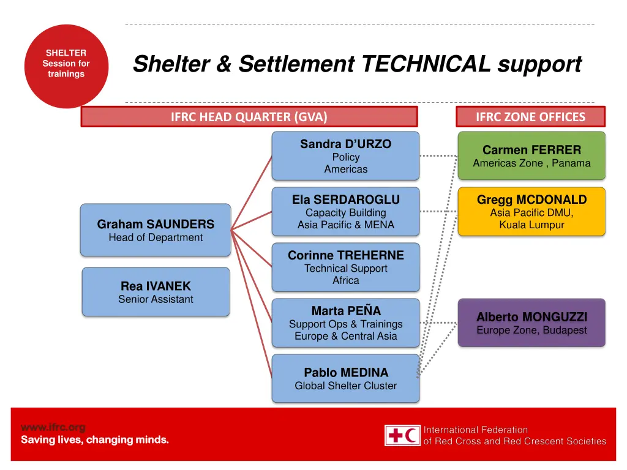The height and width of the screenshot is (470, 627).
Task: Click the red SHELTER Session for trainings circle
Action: pos(66,65)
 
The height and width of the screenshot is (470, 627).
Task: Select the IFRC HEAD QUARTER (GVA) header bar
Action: pos(249,116)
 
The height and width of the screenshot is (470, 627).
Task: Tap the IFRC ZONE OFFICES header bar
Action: pos(530,116)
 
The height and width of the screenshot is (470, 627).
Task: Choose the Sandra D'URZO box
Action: pos(345,155)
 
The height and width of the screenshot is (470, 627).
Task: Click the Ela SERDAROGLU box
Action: pos(345,211)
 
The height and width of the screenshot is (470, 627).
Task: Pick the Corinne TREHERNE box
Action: pos(345,267)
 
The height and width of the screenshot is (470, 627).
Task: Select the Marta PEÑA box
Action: pos(345,323)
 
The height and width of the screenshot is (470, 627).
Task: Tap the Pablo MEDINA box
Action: pos(345,378)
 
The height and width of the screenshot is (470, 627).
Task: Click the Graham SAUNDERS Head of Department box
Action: pos(156,230)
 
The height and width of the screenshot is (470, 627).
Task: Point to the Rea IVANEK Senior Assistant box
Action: pos(156,292)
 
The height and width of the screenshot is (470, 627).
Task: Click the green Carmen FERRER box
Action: pos(531,155)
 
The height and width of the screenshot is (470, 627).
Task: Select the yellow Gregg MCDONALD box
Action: pos(531,211)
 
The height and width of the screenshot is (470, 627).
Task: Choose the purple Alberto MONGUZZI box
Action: pos(531,323)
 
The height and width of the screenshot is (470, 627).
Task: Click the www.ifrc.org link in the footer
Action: pos(53,427)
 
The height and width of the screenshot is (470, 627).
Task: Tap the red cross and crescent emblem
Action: pos(402,435)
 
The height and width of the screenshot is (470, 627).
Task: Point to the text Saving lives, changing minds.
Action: pos(95,439)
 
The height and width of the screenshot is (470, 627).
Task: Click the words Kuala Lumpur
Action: pos(531,225)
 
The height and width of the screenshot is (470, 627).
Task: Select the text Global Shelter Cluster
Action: pos(345,386)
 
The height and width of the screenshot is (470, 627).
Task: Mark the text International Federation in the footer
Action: pos(476,430)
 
